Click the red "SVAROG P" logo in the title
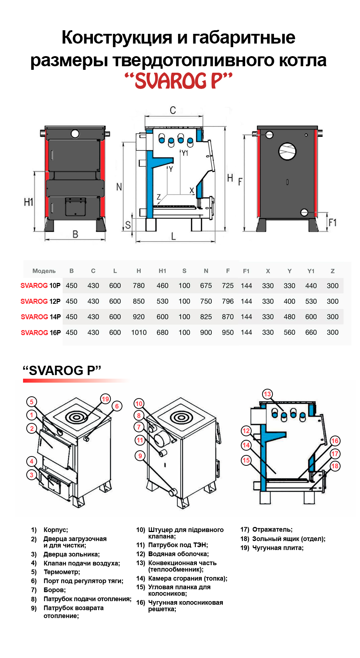(179, 81)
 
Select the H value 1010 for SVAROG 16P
(139, 333)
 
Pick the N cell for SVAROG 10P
(206, 286)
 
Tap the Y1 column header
(311, 271)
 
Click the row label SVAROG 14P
(41, 317)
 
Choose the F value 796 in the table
(228, 301)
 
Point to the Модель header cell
(44, 271)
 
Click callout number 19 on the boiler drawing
(105, 399)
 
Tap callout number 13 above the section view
(267, 394)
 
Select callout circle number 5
(32, 402)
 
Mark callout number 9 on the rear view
(140, 456)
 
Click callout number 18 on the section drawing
(335, 466)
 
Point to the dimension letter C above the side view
(173, 110)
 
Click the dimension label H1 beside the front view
(28, 202)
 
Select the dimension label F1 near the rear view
(332, 223)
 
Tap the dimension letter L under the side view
(174, 236)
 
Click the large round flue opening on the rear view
(287, 152)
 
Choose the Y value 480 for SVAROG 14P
(289, 317)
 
